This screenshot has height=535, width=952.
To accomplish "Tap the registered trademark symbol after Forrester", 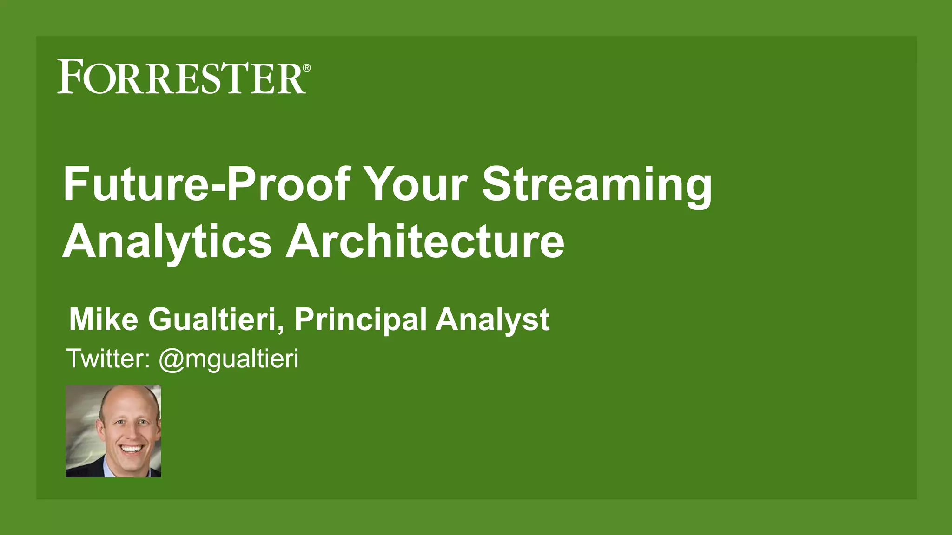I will pyautogui.click(x=307, y=68).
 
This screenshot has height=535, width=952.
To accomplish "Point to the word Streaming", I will pyautogui.click(x=597, y=185).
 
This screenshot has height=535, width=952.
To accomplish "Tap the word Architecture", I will pyautogui.click(x=425, y=241).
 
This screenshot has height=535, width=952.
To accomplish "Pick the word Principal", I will pyautogui.click(x=360, y=320).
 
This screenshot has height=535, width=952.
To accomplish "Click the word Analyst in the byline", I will pyautogui.click(x=492, y=320).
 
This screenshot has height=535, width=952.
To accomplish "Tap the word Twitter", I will pyautogui.click(x=107, y=359).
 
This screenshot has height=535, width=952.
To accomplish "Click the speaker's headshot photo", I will pyautogui.click(x=113, y=431).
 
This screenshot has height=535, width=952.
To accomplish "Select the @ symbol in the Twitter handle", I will pyautogui.click(x=172, y=360).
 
